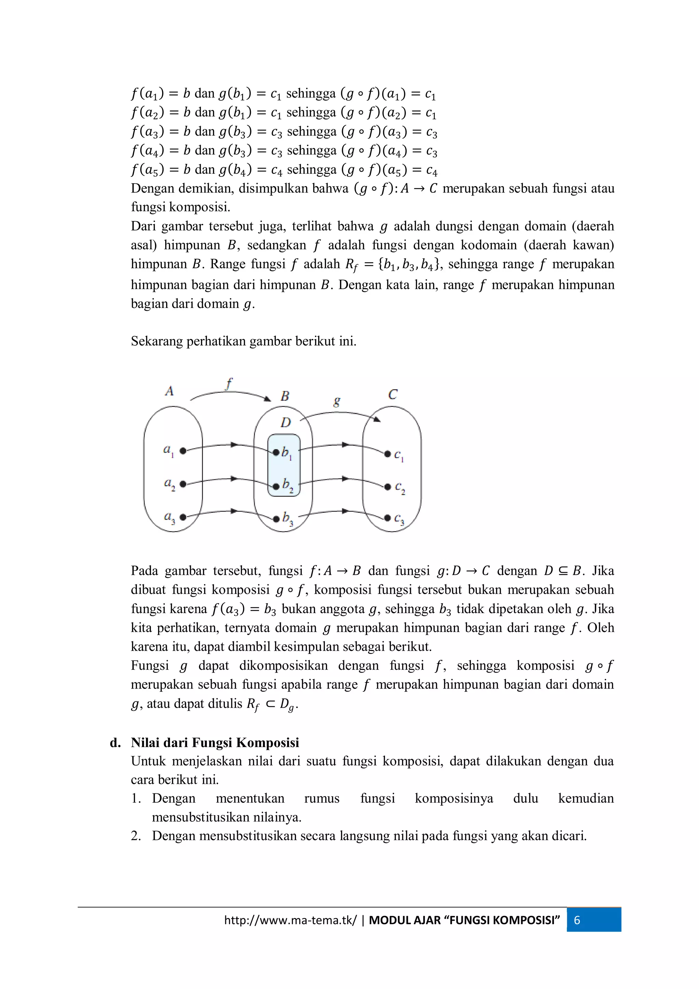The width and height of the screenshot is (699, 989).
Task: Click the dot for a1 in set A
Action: (183, 451)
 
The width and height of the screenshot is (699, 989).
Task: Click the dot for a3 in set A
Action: (183, 517)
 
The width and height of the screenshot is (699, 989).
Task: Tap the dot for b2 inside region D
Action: (276, 487)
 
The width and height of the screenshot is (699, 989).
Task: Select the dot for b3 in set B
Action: (276, 519)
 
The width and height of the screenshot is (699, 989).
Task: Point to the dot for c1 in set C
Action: (387, 454)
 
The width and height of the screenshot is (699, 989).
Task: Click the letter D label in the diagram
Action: (286, 423)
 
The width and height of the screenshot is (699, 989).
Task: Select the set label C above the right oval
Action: (393, 395)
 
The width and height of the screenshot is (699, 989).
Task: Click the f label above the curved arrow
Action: (229, 383)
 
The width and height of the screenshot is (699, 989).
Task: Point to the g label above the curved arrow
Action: (337, 401)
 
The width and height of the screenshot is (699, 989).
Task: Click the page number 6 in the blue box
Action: (577, 920)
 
